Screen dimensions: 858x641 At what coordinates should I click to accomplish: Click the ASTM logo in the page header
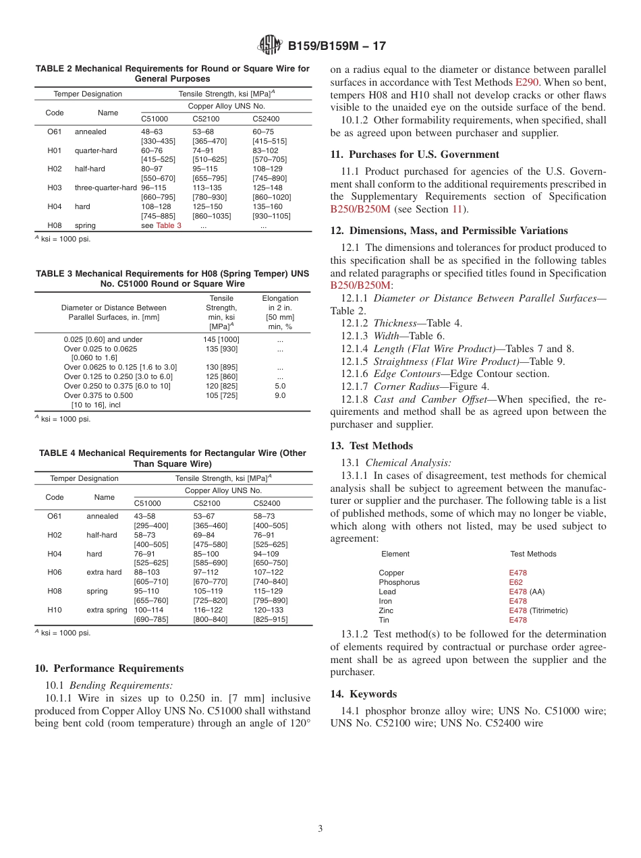[270, 46]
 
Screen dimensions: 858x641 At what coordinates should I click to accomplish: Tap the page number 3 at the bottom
[320, 828]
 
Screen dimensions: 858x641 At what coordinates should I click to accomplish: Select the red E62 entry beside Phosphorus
[515, 582]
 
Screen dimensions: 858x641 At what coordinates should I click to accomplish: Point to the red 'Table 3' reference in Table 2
[169, 225]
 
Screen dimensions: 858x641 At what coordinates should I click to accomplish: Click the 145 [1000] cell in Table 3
[221, 339]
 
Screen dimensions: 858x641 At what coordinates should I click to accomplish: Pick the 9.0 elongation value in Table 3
[280, 395]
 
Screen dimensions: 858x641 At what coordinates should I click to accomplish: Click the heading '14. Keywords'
[364, 694]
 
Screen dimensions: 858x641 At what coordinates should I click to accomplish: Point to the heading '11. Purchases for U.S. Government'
[414, 154]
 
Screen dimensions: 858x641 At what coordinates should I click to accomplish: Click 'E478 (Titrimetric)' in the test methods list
[538, 610]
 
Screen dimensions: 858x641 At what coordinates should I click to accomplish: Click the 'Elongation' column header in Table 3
[280, 298]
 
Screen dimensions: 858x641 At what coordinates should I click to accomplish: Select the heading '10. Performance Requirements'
[109, 668]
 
